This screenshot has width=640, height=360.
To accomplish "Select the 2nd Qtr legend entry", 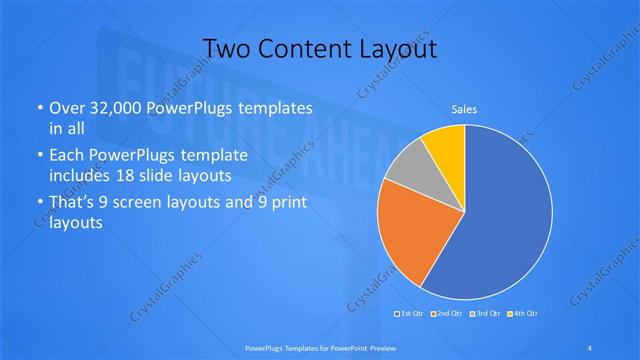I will pos(446,314).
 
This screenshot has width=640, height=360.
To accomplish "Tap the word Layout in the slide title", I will pos(399,48).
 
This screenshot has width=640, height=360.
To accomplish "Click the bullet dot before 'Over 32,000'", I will pos(39,108).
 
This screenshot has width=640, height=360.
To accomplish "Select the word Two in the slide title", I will pos(224,48).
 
